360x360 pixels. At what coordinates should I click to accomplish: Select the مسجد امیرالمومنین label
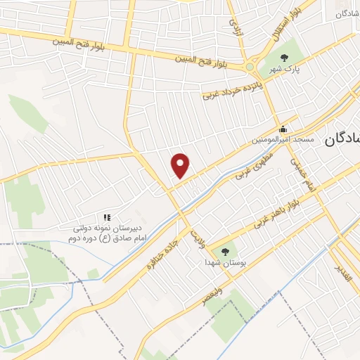click(283, 141)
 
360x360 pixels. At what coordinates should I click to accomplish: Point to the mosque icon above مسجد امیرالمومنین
click(283, 129)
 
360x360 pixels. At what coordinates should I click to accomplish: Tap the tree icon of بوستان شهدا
click(225, 251)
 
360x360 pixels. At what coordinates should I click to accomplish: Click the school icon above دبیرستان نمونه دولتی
click(108, 218)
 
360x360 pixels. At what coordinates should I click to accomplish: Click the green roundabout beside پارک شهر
click(250, 67)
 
